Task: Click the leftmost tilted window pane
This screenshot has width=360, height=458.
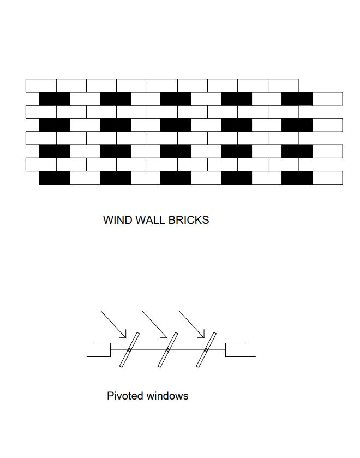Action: pos(130,349)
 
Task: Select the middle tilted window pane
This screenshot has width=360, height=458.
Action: pos(168,349)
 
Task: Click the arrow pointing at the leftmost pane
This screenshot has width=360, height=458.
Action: pos(113,324)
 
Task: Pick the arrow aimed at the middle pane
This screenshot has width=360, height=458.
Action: pos(155,324)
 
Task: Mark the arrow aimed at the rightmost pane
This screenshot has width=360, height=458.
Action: pos(192,324)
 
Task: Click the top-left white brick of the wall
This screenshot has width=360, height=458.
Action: pos(41,85)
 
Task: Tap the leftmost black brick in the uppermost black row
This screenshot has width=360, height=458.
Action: pos(55,99)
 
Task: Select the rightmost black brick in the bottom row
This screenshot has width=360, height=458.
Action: pos(297,177)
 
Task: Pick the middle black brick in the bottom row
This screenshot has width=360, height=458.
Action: pos(176,177)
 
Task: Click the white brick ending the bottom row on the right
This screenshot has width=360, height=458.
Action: pos(327,177)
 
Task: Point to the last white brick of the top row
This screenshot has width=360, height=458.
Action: pos(283,85)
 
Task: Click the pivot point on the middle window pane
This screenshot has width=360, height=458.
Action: pos(168,349)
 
